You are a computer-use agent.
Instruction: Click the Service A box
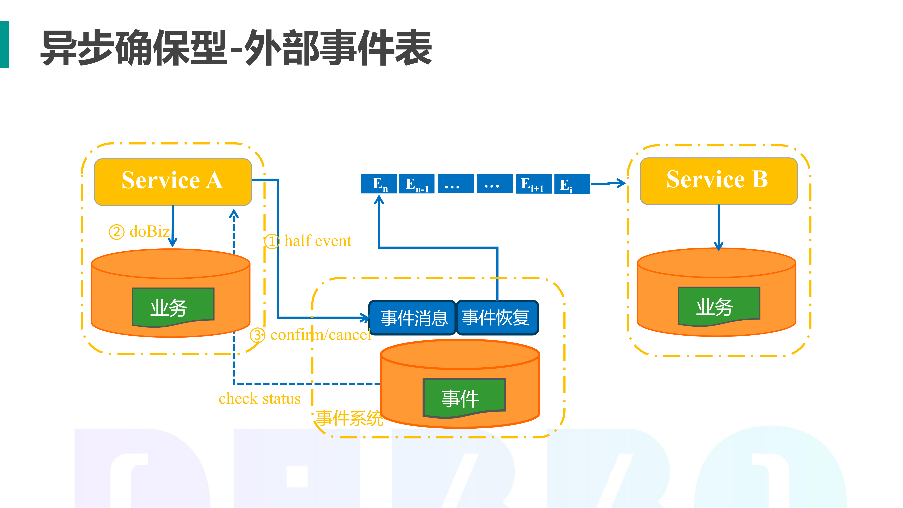[x=173, y=182]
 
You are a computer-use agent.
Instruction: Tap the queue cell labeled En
[x=379, y=184]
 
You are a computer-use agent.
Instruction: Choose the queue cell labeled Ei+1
[x=534, y=184]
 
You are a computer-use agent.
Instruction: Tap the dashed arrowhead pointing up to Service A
[x=234, y=214]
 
